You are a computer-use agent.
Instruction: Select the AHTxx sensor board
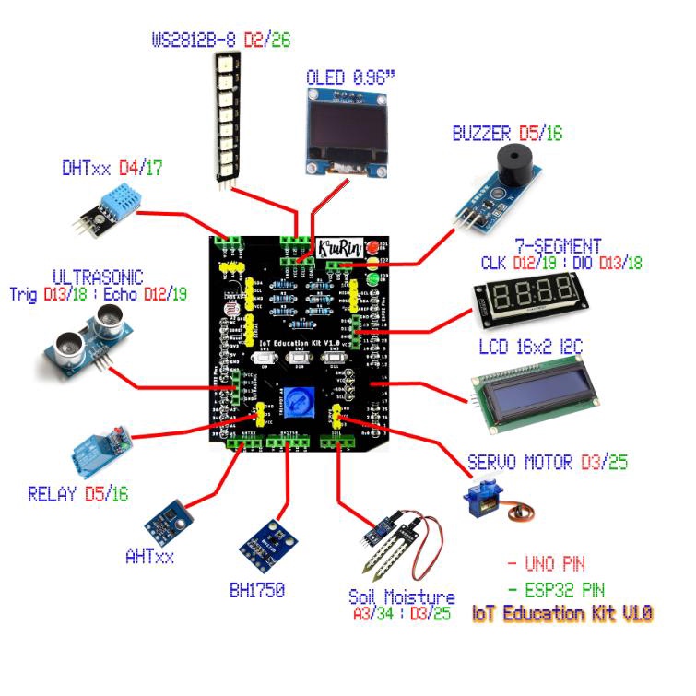coord(168,522)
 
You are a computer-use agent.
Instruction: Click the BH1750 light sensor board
coord(265,543)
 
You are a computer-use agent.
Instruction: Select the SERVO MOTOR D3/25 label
coord(548,461)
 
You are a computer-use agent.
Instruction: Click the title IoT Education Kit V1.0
coord(562,612)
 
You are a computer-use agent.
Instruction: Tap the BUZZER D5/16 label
coord(506,133)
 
